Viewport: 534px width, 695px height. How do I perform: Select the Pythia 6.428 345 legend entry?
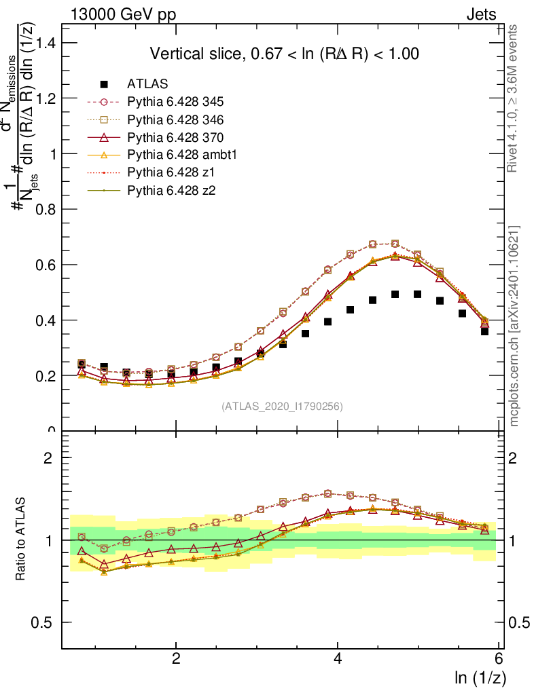[175, 102]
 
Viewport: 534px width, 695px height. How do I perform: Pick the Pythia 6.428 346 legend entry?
[175, 120]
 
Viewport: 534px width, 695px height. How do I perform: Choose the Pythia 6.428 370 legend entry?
[175, 138]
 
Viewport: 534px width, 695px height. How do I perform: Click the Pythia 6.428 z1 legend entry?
[170, 173]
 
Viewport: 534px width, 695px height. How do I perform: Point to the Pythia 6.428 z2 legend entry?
[170, 191]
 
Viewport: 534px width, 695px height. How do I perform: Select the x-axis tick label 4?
[338, 659]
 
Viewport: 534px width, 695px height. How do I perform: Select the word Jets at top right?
[481, 14]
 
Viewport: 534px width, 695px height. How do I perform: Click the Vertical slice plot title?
[284, 54]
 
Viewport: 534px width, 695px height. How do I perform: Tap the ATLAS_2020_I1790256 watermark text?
[282, 407]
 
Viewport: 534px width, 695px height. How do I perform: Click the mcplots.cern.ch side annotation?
[514, 326]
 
